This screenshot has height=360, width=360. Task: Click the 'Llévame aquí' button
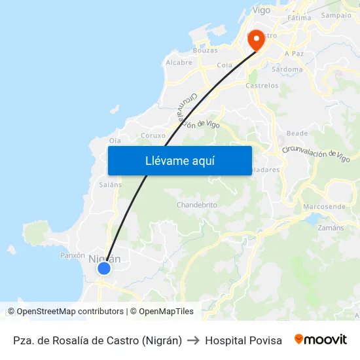(179, 160)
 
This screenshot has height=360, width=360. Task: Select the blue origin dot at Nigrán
(103, 268)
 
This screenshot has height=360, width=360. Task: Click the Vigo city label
(261, 10)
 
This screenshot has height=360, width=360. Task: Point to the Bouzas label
(205, 50)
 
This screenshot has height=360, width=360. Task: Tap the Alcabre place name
(179, 63)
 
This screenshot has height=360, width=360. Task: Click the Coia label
(225, 65)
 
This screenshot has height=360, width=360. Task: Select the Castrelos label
(262, 86)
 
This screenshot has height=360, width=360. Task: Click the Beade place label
(297, 133)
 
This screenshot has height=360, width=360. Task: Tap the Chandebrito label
(196, 205)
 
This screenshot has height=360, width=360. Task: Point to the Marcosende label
(324, 207)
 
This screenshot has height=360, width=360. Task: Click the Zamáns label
(330, 228)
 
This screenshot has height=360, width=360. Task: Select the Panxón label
(73, 255)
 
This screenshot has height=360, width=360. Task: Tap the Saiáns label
(110, 185)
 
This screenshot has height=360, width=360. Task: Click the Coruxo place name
(153, 136)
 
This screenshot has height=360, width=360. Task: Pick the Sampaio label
(336, 15)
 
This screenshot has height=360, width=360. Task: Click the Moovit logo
(320, 340)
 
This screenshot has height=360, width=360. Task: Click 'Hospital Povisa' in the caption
(243, 340)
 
